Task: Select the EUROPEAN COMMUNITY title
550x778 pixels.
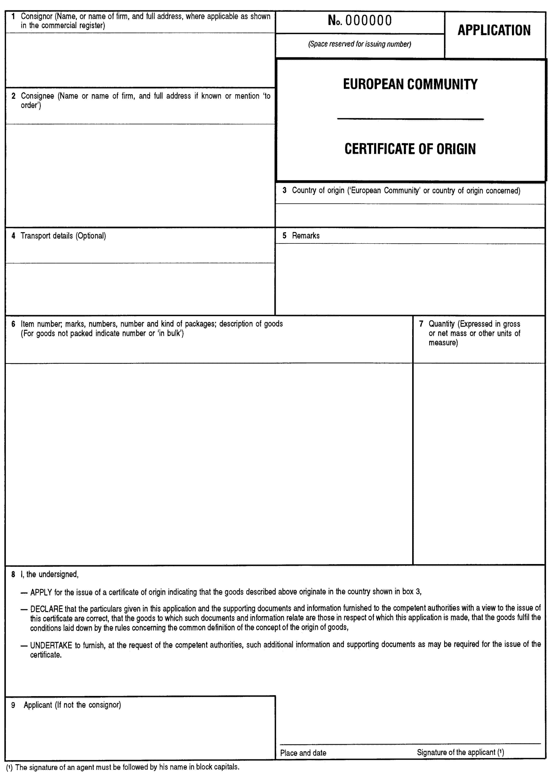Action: (410, 84)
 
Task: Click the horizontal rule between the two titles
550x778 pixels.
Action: (410, 119)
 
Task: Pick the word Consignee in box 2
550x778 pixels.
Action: (37, 96)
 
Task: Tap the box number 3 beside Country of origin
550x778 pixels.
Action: (285, 190)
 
